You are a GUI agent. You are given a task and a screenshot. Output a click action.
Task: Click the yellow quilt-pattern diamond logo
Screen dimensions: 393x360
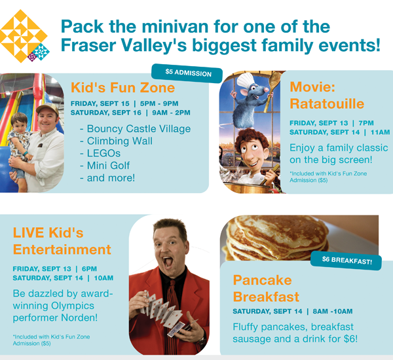(x=24, y=36)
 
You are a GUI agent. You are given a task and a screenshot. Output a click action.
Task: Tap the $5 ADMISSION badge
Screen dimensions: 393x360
(x=187, y=73)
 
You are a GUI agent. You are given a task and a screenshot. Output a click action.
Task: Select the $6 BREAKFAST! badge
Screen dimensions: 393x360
(x=346, y=261)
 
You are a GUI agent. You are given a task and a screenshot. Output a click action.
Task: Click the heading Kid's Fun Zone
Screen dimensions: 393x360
(x=123, y=88)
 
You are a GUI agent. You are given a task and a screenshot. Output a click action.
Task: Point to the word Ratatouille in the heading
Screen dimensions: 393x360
(x=327, y=103)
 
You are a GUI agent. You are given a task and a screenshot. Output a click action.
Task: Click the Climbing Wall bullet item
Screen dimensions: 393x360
(x=117, y=141)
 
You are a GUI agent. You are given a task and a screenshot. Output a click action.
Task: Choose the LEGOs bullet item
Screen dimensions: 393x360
(x=100, y=153)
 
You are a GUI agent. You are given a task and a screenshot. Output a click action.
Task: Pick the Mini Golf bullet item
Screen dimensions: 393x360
(x=105, y=166)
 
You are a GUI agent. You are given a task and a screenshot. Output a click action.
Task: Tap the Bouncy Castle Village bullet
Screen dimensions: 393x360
(x=136, y=128)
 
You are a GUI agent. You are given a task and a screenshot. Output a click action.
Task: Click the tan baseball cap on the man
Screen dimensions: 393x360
(x=47, y=108)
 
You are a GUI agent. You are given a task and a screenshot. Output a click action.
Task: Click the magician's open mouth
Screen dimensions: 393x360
(x=168, y=262)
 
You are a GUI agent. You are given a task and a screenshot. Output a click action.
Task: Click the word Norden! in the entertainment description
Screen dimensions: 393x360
(x=79, y=317)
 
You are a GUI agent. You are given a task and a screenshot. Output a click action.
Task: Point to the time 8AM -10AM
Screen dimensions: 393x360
(x=333, y=311)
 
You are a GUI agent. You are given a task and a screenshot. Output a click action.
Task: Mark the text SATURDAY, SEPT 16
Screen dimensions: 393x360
(x=105, y=113)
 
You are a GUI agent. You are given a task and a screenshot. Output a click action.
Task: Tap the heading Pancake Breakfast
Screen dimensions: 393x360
(x=266, y=289)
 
